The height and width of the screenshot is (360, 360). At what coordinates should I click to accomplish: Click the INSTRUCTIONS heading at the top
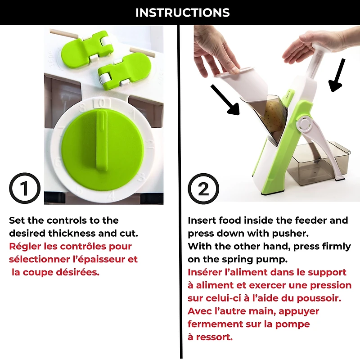pyautogui.click(x=182, y=13)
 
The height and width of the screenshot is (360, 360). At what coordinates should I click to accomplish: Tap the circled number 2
pyautogui.click(x=203, y=189)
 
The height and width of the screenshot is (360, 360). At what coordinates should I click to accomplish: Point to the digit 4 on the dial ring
pyautogui.click(x=111, y=195)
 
